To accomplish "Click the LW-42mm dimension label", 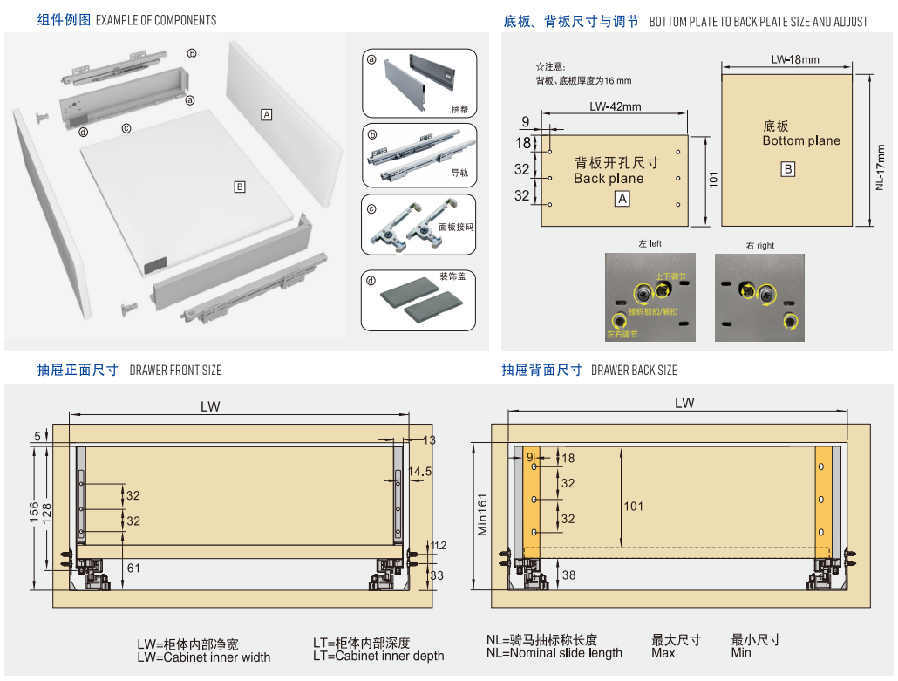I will click(615, 107).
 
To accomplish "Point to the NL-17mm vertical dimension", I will click(881, 167).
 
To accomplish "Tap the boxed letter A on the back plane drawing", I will click(622, 199).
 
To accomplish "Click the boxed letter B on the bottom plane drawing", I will click(788, 169).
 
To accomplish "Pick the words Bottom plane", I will click(801, 140).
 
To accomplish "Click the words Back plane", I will click(609, 179).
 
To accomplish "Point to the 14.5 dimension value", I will click(419, 472).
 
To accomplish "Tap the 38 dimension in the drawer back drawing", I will click(568, 575).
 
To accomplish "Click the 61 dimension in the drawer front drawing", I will click(133, 569).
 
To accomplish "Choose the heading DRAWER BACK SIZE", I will click(634, 370).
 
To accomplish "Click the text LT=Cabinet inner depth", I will click(378, 656).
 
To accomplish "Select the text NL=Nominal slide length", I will click(554, 652).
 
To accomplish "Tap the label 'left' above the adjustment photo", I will click(650, 244).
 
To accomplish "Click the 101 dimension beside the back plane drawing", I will click(713, 180).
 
